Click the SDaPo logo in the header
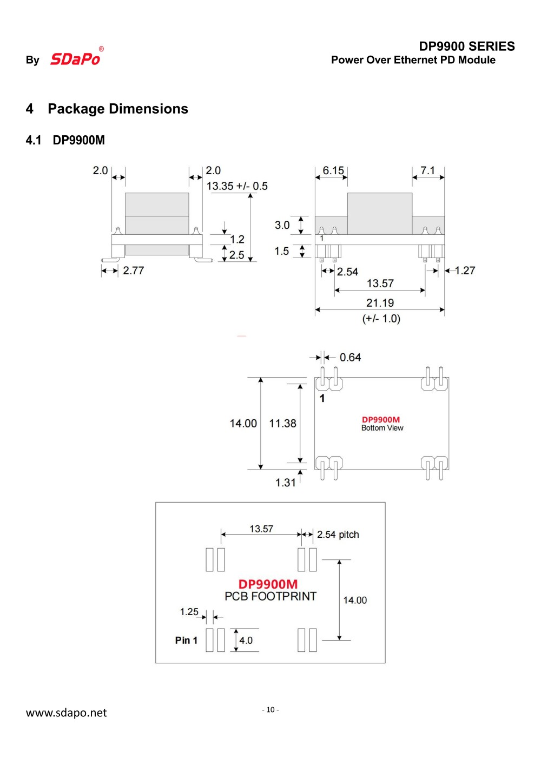[x=76, y=58]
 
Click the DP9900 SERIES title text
[x=466, y=47]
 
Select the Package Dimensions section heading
[x=117, y=109]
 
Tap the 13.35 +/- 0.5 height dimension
[x=237, y=186]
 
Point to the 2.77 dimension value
[x=133, y=271]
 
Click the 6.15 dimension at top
[x=333, y=170]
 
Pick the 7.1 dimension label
[x=427, y=170]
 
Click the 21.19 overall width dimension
[x=380, y=303]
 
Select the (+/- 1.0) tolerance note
[x=381, y=319]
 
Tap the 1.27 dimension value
[x=465, y=271]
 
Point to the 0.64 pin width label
[x=350, y=358]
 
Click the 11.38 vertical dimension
[x=282, y=424]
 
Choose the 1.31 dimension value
[x=285, y=483]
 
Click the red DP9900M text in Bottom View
[x=381, y=419]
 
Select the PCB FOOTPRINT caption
[x=270, y=596]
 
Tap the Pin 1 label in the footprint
[x=186, y=641]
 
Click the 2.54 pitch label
[x=338, y=535]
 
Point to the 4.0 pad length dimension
[x=246, y=641]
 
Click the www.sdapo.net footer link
[x=67, y=713]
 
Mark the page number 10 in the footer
[x=270, y=710]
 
